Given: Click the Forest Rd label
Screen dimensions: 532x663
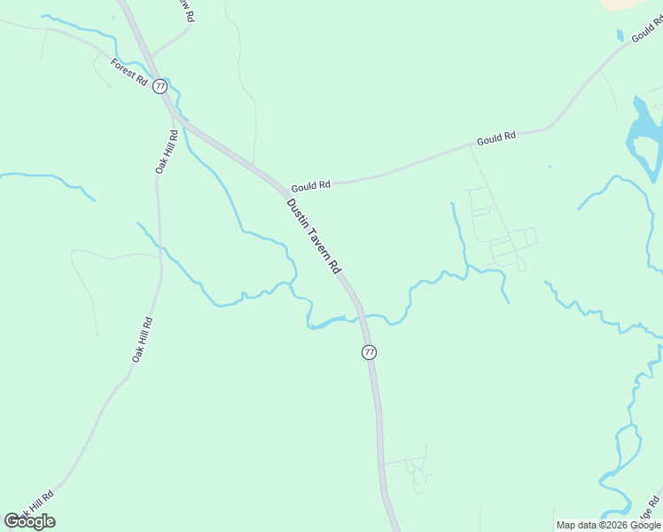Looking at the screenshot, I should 129,71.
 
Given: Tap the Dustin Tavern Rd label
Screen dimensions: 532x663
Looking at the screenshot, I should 314,235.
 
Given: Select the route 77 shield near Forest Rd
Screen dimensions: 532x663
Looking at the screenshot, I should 160,86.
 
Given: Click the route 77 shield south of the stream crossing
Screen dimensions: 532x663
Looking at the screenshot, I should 370,352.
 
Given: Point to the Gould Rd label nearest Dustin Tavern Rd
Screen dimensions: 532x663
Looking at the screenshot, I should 310,185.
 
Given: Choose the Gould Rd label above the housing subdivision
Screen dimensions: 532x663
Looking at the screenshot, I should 495,139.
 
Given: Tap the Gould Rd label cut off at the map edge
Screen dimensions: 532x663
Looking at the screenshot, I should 646,34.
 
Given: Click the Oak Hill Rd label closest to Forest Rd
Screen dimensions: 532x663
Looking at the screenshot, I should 167,152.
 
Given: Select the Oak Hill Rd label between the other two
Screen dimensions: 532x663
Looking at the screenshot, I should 143,339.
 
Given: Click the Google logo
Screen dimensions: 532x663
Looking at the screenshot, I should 30,520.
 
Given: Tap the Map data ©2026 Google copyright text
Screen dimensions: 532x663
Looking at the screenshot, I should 609,525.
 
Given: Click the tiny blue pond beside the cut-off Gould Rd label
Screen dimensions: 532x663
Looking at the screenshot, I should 620,35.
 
